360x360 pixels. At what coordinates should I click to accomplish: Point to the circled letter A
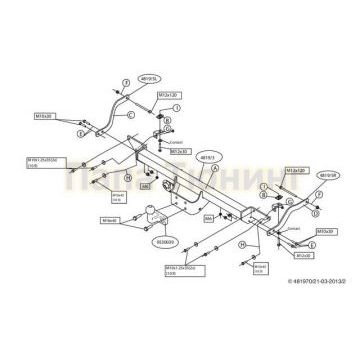(x=213, y=170)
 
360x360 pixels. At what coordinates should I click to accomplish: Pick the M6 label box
(x=145, y=187)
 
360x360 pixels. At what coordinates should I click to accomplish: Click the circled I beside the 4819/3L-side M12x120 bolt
(x=176, y=107)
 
